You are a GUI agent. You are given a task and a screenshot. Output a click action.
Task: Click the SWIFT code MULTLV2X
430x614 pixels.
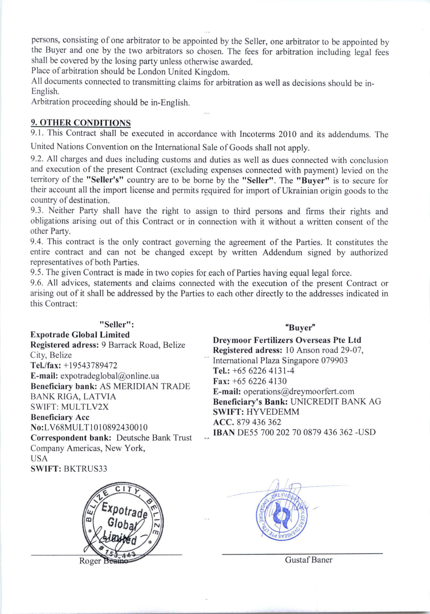click(x=85, y=407)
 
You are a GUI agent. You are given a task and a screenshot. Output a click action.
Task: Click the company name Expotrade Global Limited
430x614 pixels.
click(x=80, y=335)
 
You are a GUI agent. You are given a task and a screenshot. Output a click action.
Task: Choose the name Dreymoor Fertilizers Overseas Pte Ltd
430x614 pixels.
click(x=287, y=340)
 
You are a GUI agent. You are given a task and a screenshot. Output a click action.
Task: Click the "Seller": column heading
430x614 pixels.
click(x=116, y=325)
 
